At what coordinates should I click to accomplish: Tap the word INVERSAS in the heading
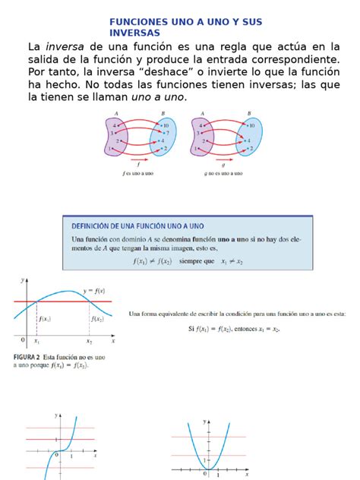(134, 33)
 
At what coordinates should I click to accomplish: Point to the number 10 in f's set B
(165, 124)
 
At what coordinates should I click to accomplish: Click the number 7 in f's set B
(165, 132)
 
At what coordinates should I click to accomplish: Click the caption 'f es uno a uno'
(137, 173)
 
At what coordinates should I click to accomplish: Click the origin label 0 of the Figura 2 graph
(22, 339)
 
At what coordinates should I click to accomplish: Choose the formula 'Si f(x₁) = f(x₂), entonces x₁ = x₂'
(234, 329)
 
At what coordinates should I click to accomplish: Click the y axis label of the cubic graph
(57, 415)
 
